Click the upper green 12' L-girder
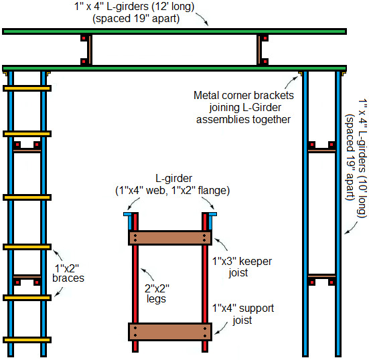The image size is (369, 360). [x=174, y=31]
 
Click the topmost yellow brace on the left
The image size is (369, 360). [x=27, y=88]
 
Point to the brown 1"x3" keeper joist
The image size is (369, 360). [x=170, y=238]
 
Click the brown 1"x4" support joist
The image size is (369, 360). [x=170, y=332]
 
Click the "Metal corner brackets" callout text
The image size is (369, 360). [x=244, y=96]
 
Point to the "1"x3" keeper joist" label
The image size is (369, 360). [x=242, y=267]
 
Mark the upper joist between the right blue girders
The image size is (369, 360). [x=321, y=151]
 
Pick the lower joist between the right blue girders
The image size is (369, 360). [x=321, y=276]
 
